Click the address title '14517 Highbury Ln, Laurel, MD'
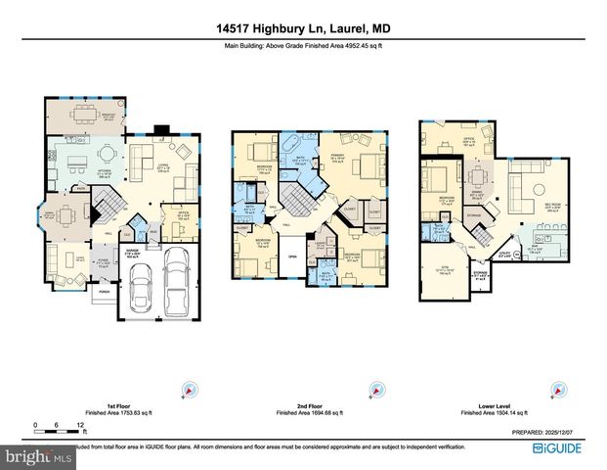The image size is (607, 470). [x=303, y=29]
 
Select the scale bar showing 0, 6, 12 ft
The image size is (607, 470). [x=60, y=426]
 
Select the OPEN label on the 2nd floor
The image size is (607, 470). [x=291, y=259]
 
